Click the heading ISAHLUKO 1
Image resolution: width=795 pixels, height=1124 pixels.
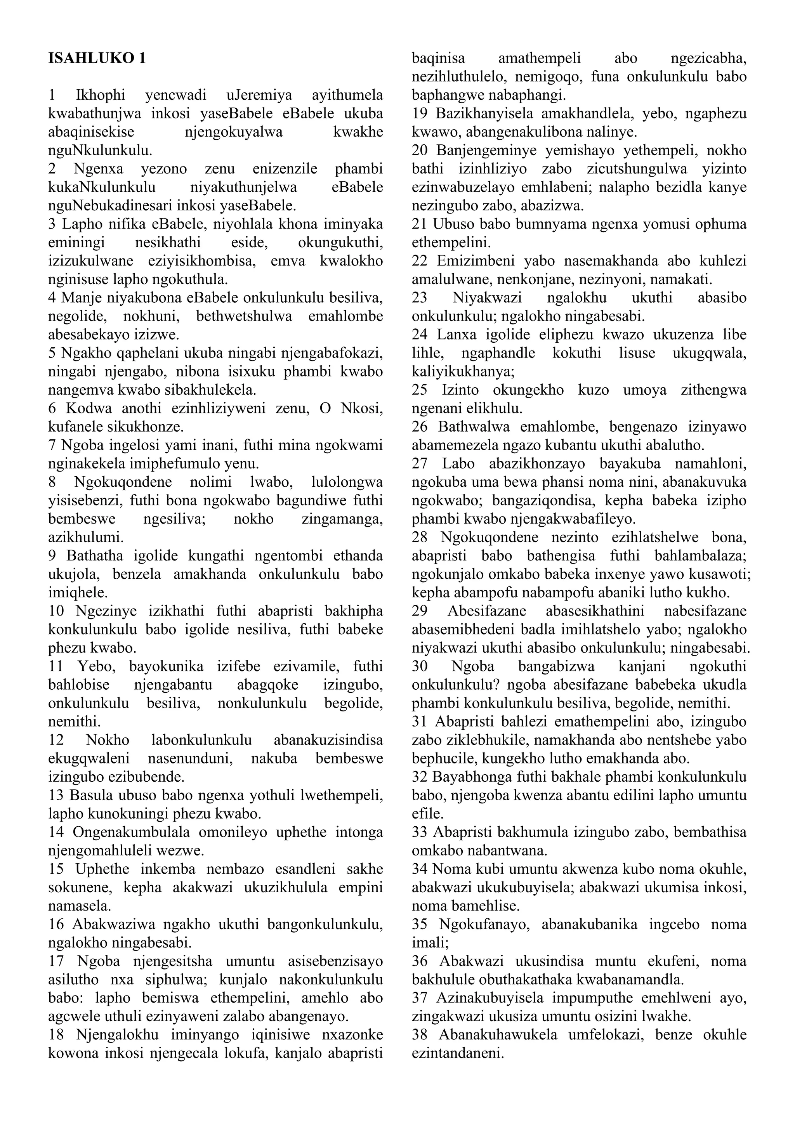[x=97, y=58]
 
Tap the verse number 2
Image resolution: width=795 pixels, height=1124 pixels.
[x=52, y=169]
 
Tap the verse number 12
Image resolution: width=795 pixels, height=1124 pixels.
[x=56, y=740]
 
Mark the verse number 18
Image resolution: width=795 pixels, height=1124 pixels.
[x=56, y=1035]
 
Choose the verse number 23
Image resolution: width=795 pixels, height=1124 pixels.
[x=420, y=298]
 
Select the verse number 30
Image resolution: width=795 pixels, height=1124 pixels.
[x=420, y=666]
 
